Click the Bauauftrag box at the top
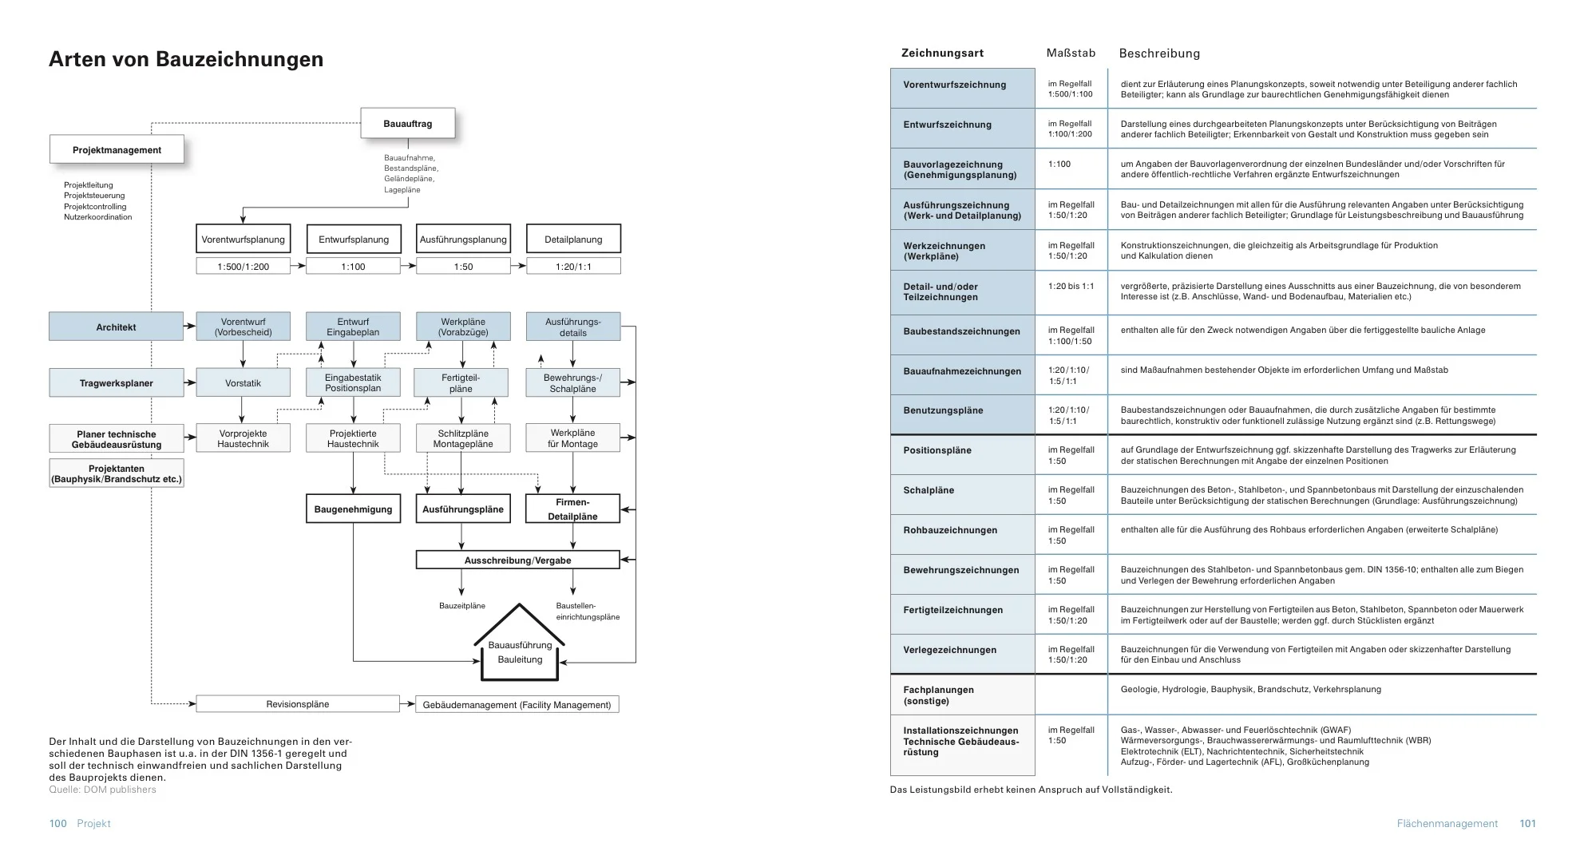pos(407,124)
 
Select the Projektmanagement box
pos(117,150)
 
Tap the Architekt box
pos(116,327)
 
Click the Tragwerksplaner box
pos(116,383)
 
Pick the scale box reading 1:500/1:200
pos(243,267)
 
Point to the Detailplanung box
pos(573,240)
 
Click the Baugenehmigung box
pos(353,509)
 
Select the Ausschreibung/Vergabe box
pos(517,560)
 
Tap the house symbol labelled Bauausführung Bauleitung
pos(520,651)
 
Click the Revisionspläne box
pos(297,704)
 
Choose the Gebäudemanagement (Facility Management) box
pos(517,705)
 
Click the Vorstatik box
pos(243,383)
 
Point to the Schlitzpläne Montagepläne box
pos(463,438)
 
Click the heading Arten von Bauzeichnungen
pos(186,60)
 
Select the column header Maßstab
pos(1071,53)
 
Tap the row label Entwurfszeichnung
pos(947,125)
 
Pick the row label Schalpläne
pos(929,491)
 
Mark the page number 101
pos(1527,824)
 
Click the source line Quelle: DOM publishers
pos(103,790)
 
